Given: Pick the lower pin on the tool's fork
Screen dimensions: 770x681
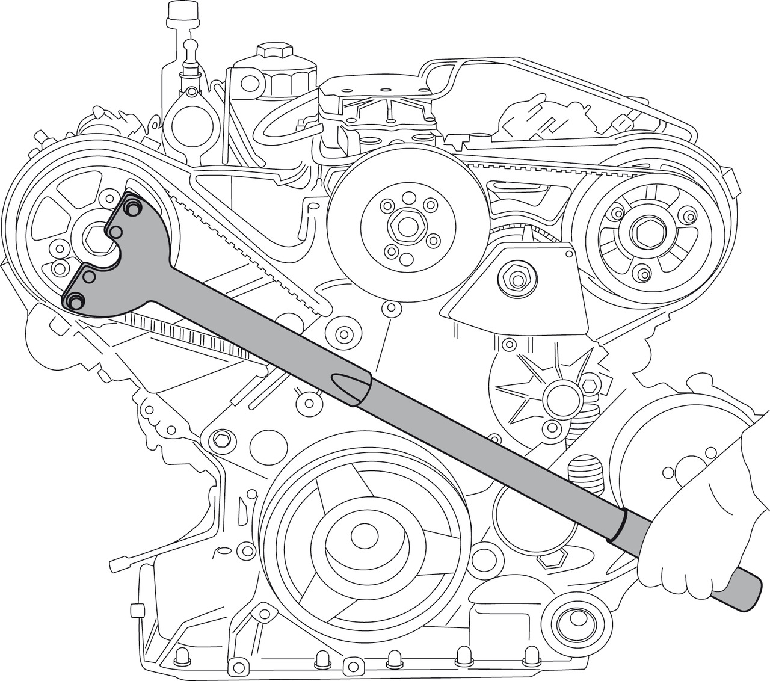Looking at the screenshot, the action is (x=75, y=301).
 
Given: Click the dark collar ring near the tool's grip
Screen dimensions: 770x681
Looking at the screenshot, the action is (x=620, y=525).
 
